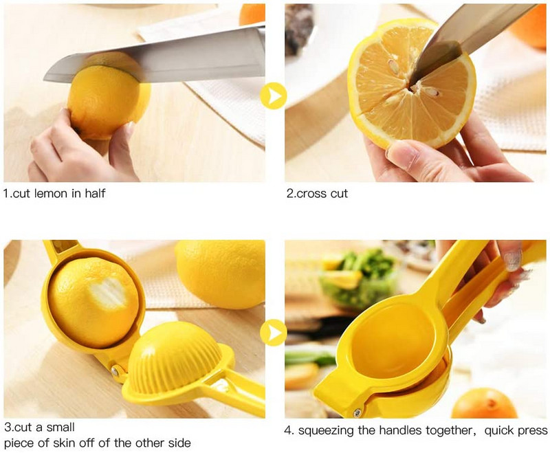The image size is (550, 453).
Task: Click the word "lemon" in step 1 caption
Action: click(x=50, y=193)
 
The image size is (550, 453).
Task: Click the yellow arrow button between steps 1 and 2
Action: click(x=274, y=96)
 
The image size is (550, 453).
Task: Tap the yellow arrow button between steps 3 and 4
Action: click(x=274, y=333)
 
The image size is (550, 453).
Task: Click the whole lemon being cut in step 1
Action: click(x=107, y=96)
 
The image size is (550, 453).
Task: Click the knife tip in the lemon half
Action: click(x=411, y=83)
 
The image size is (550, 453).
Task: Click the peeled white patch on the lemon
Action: click(x=108, y=291)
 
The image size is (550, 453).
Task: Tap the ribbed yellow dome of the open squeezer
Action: click(x=175, y=357)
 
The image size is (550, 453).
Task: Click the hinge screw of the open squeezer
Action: click(x=115, y=371)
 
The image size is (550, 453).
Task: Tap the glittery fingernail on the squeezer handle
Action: click(x=512, y=260)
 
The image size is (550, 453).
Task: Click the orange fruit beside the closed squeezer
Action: click(x=485, y=404)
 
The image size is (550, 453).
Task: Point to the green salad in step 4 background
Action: click(x=362, y=277)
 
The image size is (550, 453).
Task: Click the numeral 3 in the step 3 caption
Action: click(x=8, y=427)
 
